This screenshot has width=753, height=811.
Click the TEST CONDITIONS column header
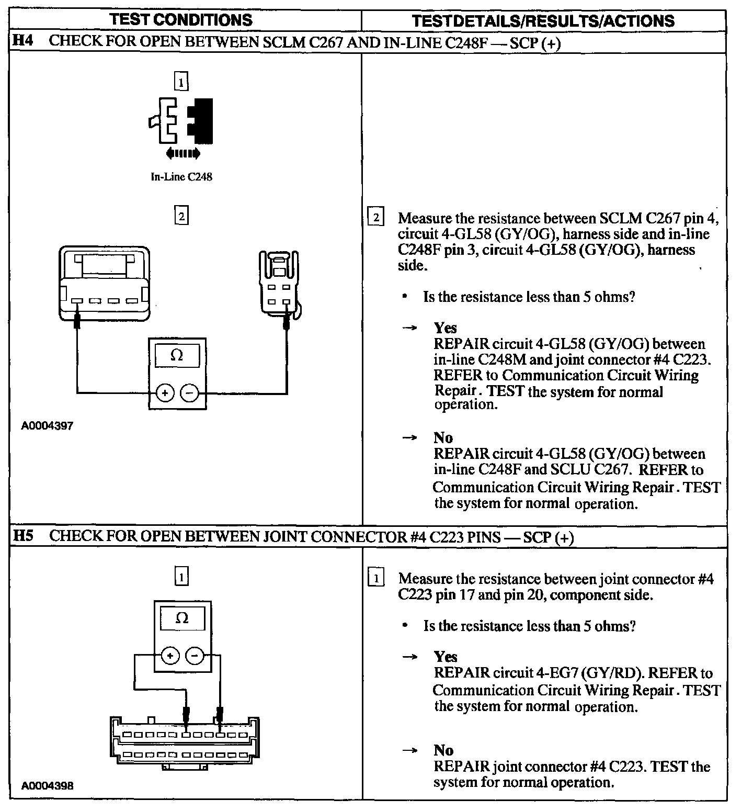[x=181, y=20]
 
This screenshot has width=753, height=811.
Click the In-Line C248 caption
[x=181, y=177]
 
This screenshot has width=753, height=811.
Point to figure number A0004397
[x=47, y=426]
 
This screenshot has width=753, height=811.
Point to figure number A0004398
[x=47, y=786]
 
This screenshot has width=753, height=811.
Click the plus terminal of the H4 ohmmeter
[x=165, y=392]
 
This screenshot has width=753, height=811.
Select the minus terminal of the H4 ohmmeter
[x=190, y=392]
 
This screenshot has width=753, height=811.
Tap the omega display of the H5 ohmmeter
[x=182, y=618]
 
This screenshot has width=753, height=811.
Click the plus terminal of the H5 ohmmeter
[x=170, y=655]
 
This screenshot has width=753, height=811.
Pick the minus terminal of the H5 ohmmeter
[x=195, y=655]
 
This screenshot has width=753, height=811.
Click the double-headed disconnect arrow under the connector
[x=182, y=153]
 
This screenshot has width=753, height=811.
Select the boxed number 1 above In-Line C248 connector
[x=181, y=82]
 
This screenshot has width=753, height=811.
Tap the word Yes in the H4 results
[x=445, y=328]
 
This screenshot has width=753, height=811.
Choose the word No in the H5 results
[x=443, y=750]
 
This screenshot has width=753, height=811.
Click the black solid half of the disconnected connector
[x=203, y=121]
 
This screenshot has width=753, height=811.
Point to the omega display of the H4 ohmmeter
[x=177, y=356]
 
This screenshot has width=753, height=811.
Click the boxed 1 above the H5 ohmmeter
[x=181, y=577]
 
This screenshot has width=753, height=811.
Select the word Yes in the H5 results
[x=446, y=657]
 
